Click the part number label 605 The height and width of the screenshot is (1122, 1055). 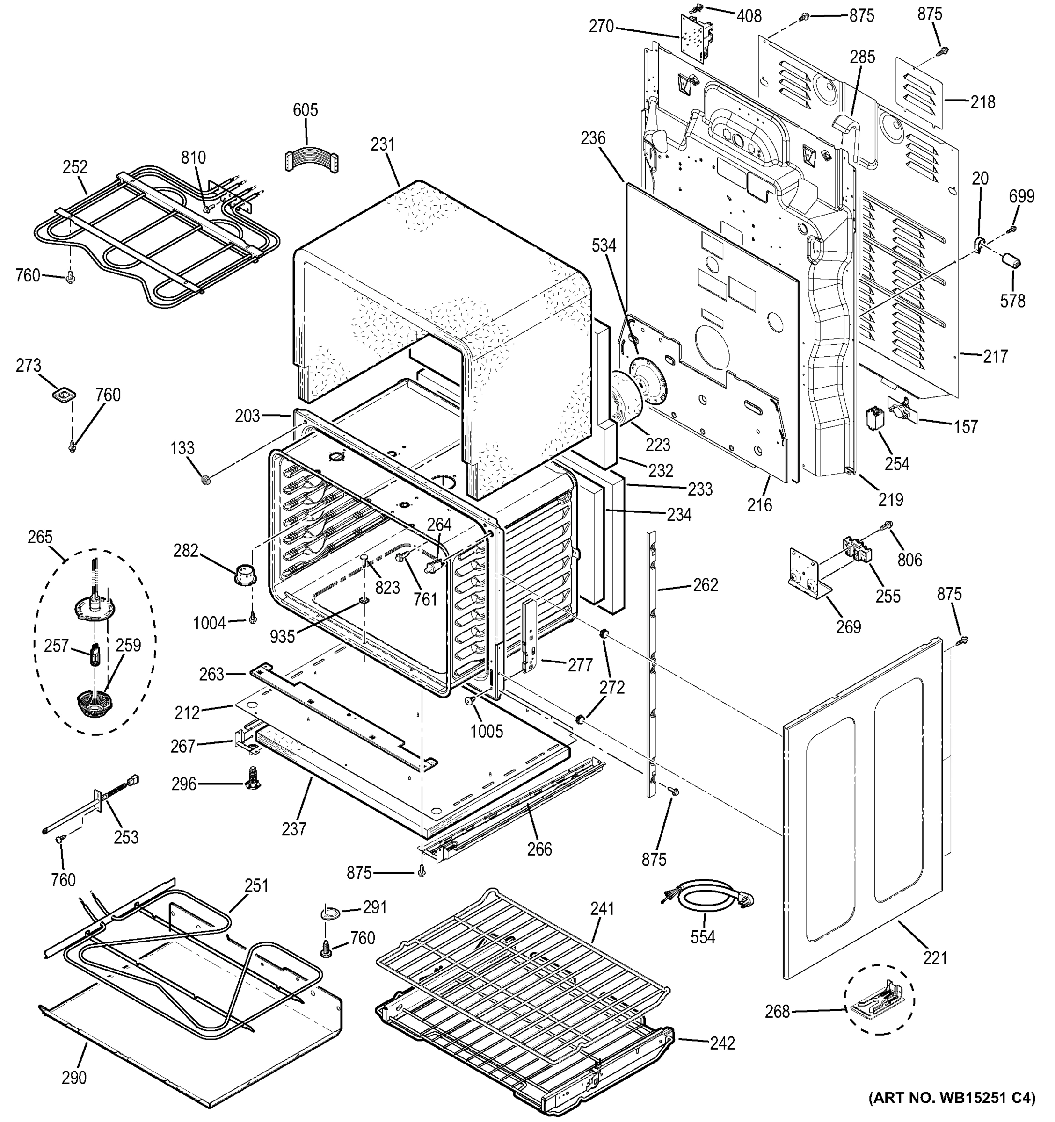(x=305, y=109)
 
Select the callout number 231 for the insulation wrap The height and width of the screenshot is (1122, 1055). (x=382, y=144)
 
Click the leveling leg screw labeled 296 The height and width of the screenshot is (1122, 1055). (x=253, y=778)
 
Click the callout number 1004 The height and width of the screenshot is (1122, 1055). (x=209, y=623)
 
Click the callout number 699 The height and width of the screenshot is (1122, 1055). (x=1022, y=196)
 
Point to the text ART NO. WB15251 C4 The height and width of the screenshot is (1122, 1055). (x=952, y=1098)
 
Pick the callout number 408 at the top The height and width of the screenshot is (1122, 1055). (x=749, y=16)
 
